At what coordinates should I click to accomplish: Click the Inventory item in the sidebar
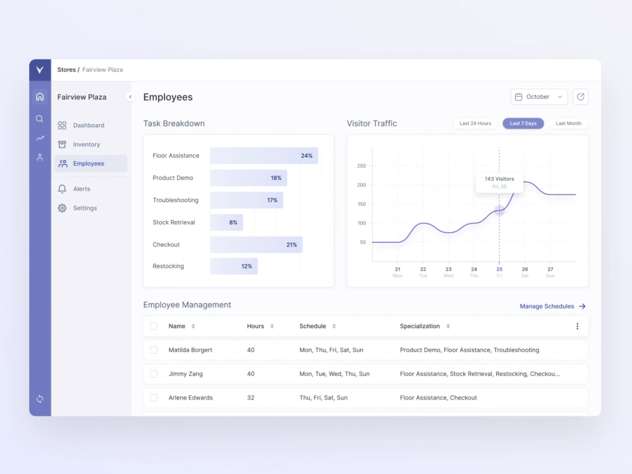[86, 145]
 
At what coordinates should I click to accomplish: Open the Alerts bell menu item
[81, 189]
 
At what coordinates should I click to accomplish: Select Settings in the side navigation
[84, 208]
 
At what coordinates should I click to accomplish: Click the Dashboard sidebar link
[88, 125]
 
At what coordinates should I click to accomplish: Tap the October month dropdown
[538, 97]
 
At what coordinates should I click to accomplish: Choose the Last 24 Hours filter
[475, 123]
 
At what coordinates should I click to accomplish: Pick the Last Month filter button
[568, 123]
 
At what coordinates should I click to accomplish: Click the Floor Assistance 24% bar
[264, 155]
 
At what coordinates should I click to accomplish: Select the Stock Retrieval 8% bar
[226, 222]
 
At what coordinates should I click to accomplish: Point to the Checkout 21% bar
[256, 245]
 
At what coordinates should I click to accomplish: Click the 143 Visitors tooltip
[499, 182]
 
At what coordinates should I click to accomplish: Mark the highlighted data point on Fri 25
[499, 210]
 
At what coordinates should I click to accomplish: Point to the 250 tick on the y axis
[362, 166]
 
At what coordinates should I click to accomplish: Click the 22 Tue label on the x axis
[423, 272]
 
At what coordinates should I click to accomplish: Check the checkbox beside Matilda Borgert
[154, 350]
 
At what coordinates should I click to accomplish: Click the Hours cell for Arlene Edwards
[251, 398]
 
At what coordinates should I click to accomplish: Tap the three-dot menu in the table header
[577, 326]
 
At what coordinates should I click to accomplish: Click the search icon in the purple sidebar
[40, 118]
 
